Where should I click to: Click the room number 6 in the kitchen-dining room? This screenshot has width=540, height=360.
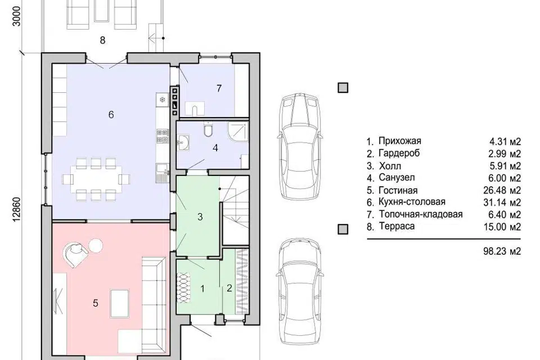coord(111,115)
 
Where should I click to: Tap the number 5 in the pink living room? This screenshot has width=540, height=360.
coord(96,303)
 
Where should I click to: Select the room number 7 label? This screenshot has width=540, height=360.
coord(219,88)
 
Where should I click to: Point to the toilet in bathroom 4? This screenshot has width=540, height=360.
coord(208,129)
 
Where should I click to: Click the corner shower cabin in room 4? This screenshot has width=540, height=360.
coord(238,131)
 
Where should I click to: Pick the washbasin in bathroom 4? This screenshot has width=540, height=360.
coord(183,143)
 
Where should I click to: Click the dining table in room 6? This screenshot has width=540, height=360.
coord(96,179)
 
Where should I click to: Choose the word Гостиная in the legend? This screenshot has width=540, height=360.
coord(398,190)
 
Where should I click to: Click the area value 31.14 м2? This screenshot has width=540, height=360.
coord(502,202)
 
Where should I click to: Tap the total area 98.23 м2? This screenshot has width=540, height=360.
coord(502,251)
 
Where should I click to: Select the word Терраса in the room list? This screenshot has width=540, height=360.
coord(397,226)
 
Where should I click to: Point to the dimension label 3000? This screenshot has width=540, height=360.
coord(17,16)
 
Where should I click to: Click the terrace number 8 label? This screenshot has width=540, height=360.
coord(102,40)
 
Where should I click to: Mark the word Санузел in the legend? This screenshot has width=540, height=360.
coord(397,178)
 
